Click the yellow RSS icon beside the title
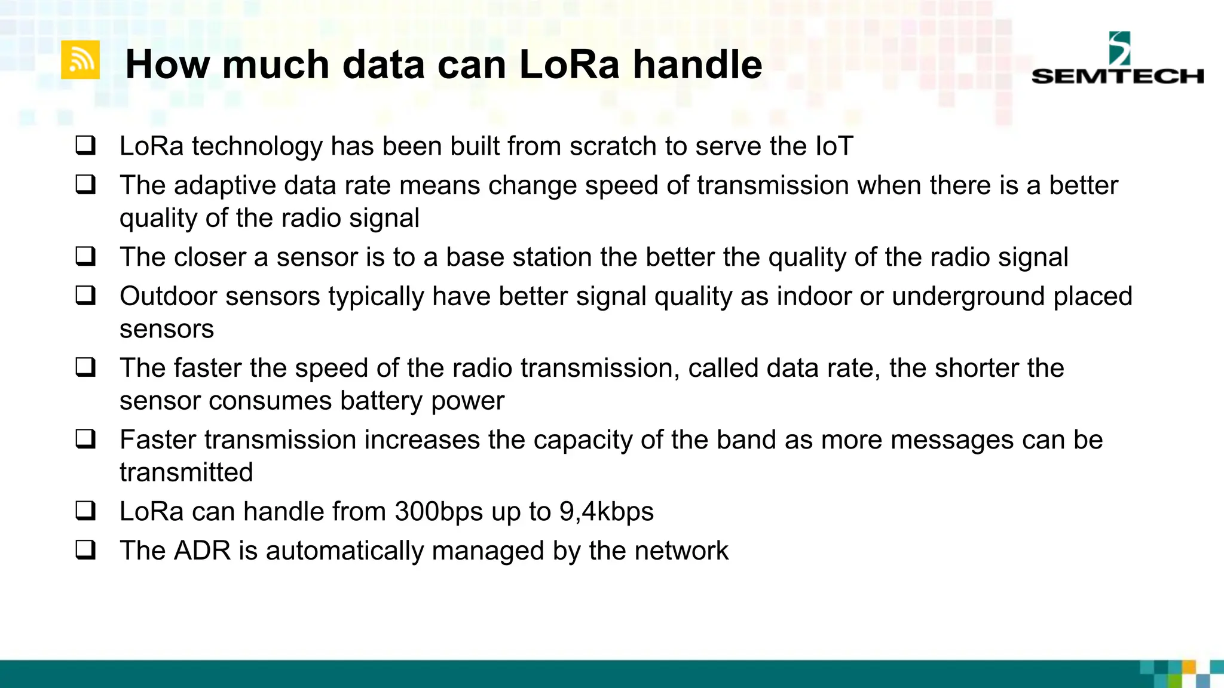[x=80, y=60]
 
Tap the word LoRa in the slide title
[x=569, y=64]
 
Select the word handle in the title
[x=697, y=64]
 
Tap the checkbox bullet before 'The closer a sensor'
[x=85, y=257]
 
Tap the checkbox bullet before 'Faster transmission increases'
[x=85, y=440]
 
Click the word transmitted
[x=186, y=472]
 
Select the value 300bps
[x=439, y=512]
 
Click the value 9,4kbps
[x=606, y=512]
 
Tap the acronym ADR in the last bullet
[x=202, y=551]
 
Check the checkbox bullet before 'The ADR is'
[x=85, y=550]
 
